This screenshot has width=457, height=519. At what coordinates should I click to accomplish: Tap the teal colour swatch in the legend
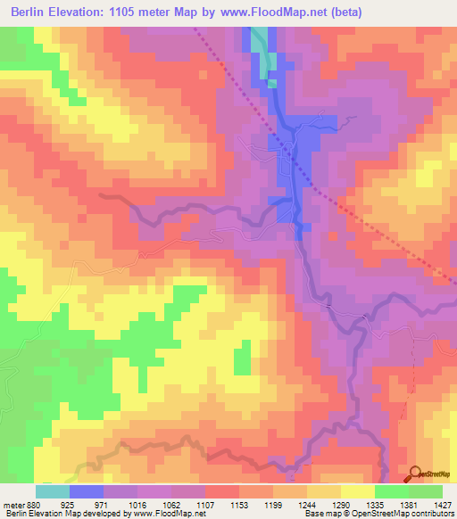[52, 491]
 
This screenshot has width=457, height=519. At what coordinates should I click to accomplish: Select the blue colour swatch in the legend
[86, 491]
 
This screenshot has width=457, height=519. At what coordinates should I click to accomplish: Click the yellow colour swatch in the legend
[357, 491]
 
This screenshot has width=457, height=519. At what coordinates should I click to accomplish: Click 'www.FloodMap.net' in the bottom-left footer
[169, 514]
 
